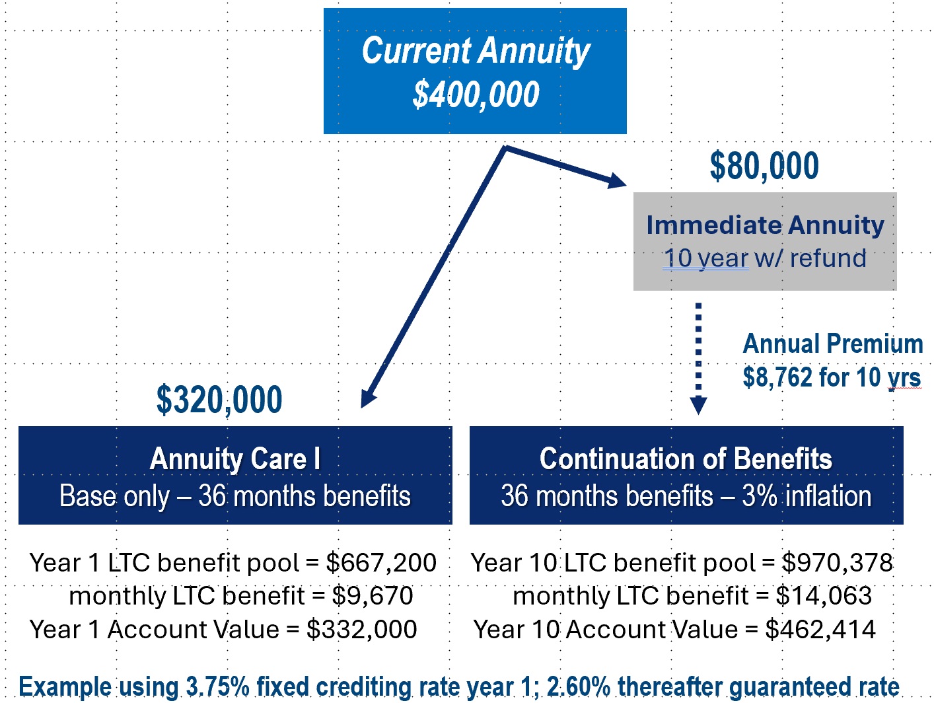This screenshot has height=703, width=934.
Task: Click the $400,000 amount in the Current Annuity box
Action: tap(476, 94)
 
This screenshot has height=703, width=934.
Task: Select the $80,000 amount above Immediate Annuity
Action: tap(764, 166)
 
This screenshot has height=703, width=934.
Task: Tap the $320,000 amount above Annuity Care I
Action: tap(219, 400)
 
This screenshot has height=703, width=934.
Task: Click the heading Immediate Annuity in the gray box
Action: tap(765, 225)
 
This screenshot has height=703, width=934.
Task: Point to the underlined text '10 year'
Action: tap(705, 258)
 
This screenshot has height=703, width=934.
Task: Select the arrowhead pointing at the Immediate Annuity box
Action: tap(616, 180)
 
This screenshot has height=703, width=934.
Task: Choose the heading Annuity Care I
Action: tap(235, 459)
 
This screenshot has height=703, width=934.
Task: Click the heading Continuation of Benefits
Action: tap(686, 459)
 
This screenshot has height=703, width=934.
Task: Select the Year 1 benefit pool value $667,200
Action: tap(381, 563)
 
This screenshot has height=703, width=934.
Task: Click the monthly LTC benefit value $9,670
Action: tap(373, 596)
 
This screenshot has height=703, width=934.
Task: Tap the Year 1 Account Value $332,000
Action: tap(361, 630)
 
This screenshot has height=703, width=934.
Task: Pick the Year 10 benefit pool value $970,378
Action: tap(837, 563)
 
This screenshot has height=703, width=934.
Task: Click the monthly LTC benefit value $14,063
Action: tap(824, 596)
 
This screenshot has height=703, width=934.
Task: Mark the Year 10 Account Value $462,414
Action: tap(820, 630)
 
